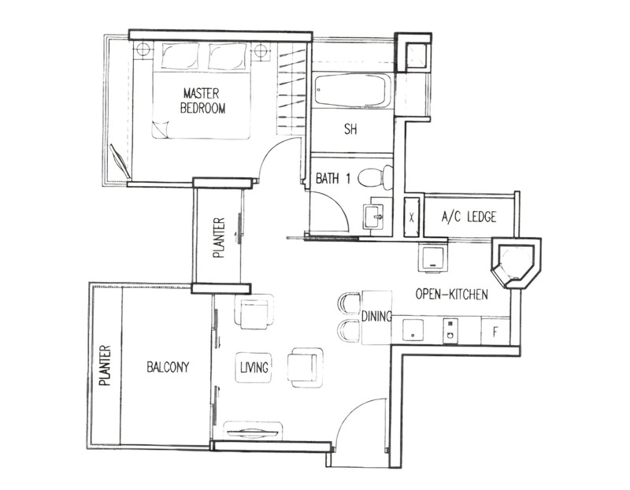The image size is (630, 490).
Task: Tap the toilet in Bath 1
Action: coord(376,177)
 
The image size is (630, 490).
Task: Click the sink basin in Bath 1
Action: coord(373,217)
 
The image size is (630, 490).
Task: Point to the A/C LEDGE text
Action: coord(469,217)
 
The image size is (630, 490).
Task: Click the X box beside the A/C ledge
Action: coord(411,217)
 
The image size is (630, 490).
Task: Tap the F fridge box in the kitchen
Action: coord(495,332)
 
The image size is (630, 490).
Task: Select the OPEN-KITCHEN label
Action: coord(451,295)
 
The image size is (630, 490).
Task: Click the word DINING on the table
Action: coord(376,317)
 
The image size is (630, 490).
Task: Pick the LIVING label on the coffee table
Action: coord(254,367)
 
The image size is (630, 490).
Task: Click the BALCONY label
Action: coord(168,367)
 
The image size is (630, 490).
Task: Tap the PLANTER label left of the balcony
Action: coord(105,365)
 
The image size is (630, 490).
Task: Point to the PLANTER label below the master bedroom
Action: coord(219,238)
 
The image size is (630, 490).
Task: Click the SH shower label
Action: coord(350,129)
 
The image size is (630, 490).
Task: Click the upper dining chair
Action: coord(350,303)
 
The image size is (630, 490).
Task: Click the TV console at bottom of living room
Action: coord(252,432)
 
